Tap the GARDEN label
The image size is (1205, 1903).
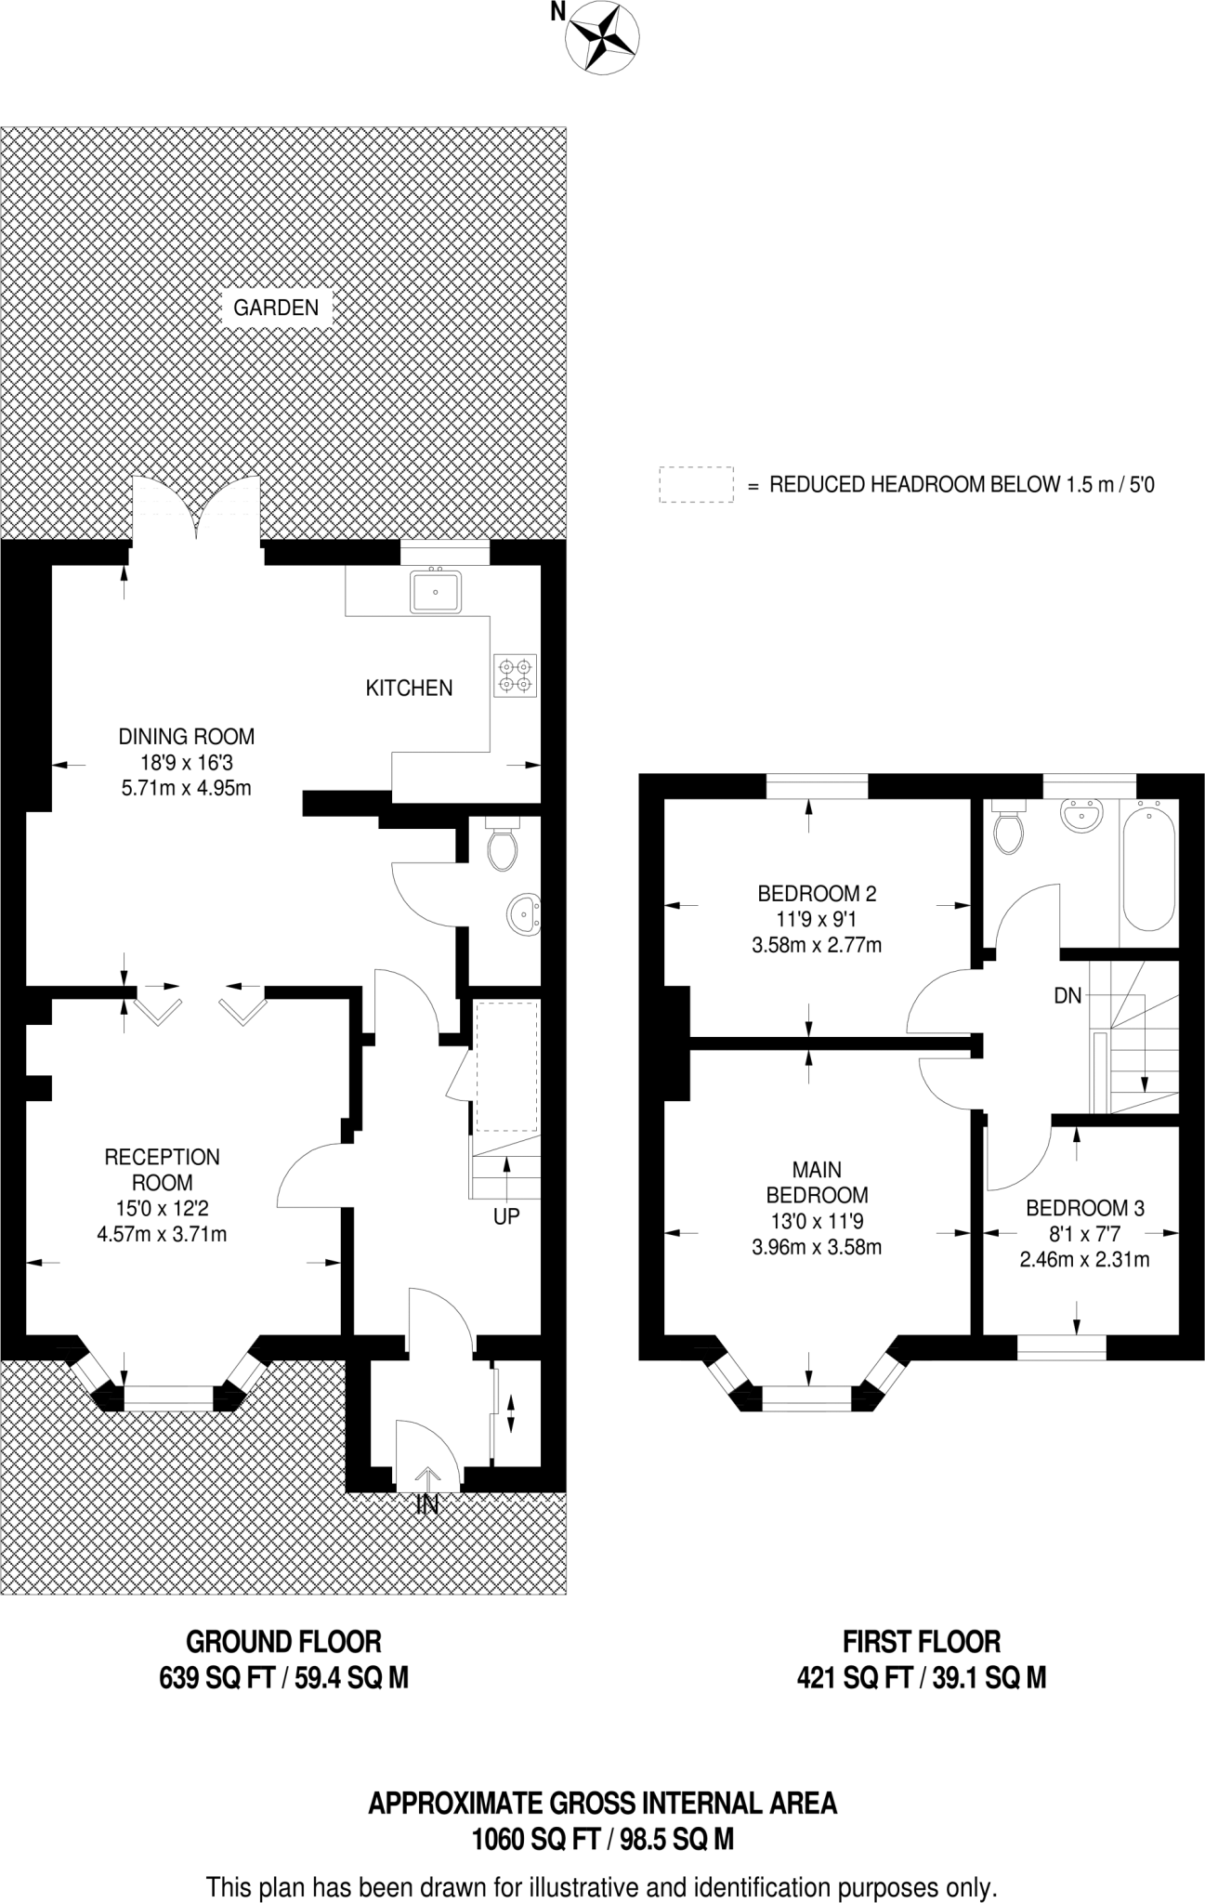(276, 308)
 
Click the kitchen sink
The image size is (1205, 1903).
(436, 591)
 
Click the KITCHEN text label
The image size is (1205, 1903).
(409, 688)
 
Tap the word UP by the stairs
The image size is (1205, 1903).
(506, 1215)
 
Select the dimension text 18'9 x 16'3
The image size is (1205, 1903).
(186, 762)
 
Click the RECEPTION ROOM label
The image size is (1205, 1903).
(162, 1169)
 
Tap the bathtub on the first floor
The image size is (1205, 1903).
(1149, 864)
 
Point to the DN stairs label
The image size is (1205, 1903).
(1067, 996)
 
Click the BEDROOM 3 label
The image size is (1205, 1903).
(1084, 1208)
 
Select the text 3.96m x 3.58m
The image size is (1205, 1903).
(816, 1247)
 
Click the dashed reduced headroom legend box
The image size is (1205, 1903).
(696, 484)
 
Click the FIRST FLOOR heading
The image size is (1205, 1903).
(921, 1642)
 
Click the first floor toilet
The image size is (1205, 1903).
(1007, 829)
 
